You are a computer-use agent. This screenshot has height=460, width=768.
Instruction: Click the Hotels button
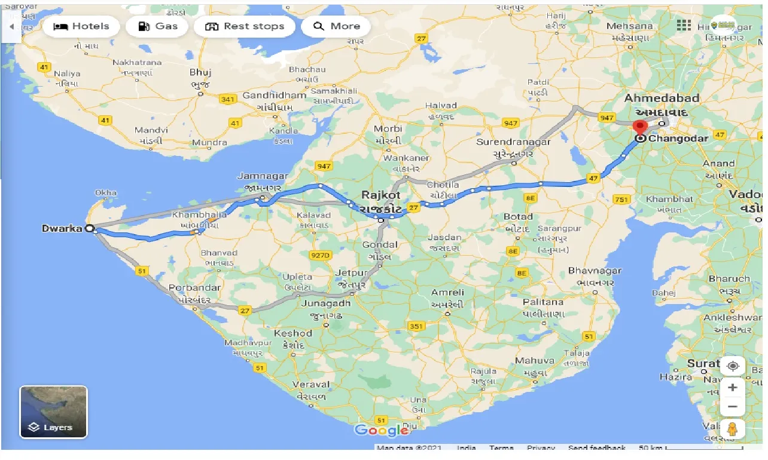point(81,26)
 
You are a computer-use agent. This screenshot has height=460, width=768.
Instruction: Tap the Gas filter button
point(158,26)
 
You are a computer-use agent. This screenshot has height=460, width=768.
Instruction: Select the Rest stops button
point(245,26)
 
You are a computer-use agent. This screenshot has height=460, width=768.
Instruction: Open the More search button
point(336,26)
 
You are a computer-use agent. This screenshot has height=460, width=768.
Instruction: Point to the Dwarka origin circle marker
point(90,228)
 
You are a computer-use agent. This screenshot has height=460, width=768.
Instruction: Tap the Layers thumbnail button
point(53,412)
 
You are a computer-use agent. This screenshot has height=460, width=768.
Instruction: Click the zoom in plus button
point(733,388)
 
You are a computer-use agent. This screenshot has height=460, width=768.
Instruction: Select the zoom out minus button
point(733,407)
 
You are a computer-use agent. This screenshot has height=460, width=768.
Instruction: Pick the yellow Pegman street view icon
point(733,428)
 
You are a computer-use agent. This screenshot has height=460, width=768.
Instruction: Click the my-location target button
point(733,366)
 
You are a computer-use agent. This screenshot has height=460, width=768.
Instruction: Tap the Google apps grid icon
point(684,25)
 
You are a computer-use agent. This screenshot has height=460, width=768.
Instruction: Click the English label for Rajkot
point(380,195)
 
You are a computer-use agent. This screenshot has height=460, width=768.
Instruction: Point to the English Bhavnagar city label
point(595,271)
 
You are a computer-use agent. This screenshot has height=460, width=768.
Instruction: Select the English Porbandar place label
point(194,287)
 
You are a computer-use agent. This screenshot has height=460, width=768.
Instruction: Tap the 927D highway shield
point(320,256)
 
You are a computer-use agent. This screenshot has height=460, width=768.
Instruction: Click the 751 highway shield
point(622,200)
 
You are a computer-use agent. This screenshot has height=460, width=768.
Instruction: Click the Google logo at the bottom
point(382,430)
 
